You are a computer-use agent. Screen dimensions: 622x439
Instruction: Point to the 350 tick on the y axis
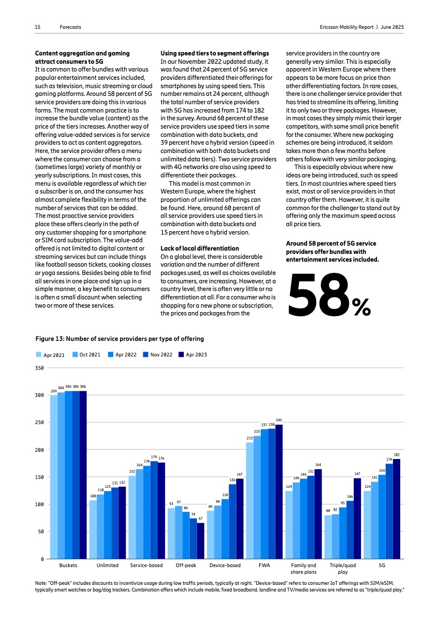[x=40, y=368]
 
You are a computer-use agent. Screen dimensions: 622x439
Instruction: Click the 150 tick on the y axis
[x=40, y=477]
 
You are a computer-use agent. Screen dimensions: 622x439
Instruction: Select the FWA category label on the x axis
[x=264, y=565]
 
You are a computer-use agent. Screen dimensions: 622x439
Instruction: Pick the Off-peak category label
[x=186, y=565]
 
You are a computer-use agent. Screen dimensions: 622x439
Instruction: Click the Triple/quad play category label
[x=343, y=569]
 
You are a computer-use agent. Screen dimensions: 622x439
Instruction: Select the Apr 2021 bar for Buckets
[x=54, y=477]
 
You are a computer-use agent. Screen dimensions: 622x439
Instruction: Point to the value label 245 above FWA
[x=279, y=420]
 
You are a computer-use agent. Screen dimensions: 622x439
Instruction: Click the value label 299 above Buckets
[x=54, y=391]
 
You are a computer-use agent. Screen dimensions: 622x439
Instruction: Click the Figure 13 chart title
[x=120, y=338]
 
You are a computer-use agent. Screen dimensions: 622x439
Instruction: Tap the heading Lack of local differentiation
[x=199, y=248]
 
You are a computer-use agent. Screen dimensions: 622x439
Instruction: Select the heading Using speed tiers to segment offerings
[x=214, y=53]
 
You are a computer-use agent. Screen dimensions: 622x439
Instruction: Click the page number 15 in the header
[x=38, y=27]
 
